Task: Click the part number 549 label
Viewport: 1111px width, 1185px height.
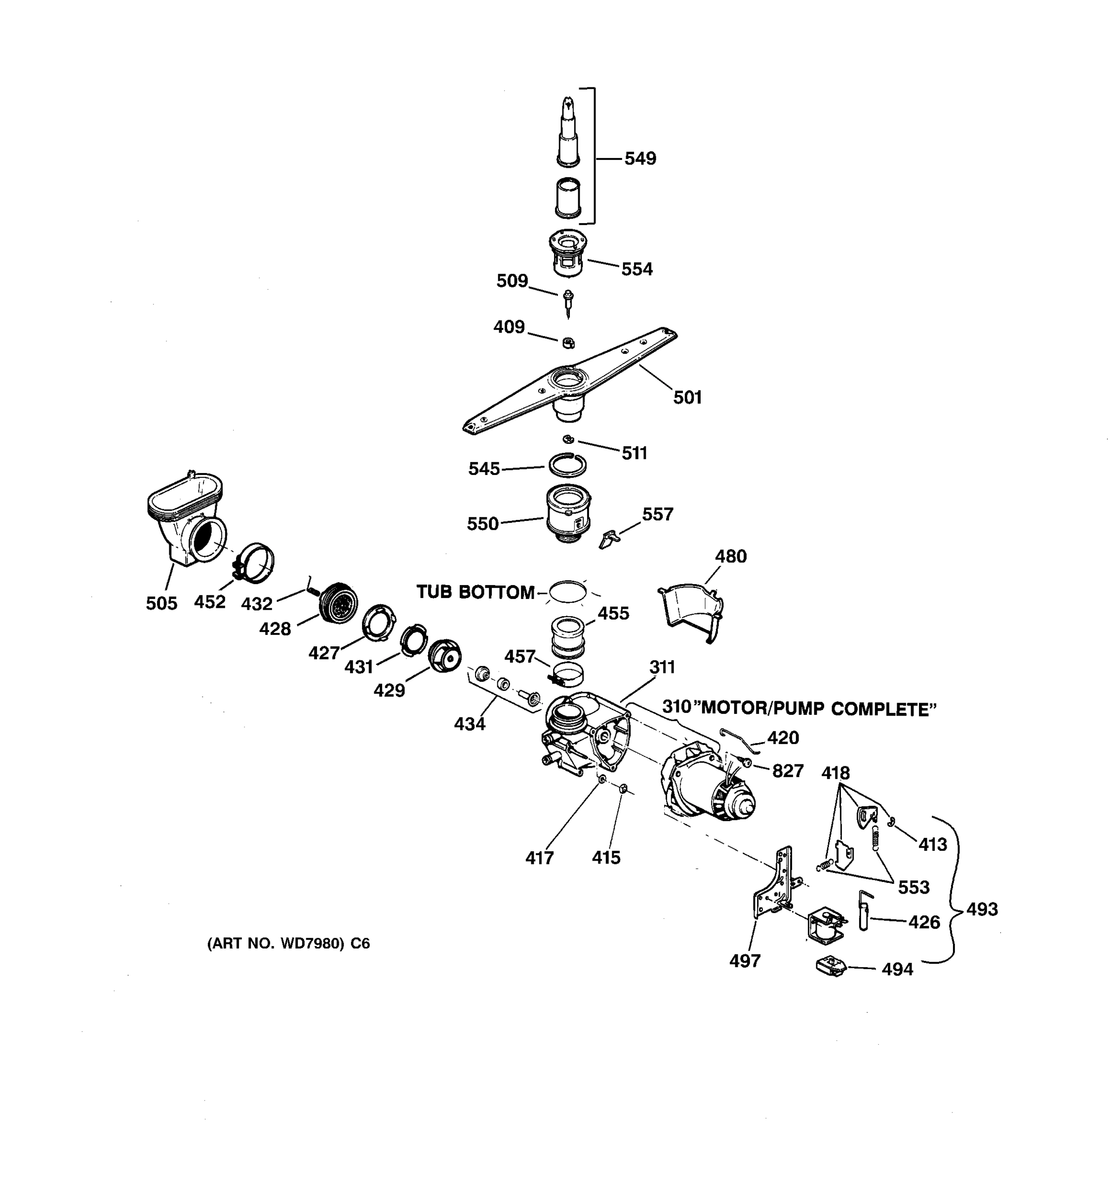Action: tap(639, 158)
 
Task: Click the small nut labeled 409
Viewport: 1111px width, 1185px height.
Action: tap(568, 342)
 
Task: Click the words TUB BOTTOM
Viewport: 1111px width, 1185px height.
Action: tap(475, 592)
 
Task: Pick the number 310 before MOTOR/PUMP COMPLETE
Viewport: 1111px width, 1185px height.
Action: tap(676, 707)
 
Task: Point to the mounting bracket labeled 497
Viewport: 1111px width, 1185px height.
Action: tap(775, 888)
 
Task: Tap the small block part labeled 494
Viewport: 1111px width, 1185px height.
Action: tap(830, 966)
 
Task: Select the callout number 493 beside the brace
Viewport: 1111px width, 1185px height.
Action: tap(981, 909)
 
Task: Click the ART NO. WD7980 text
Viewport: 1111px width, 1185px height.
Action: tap(288, 944)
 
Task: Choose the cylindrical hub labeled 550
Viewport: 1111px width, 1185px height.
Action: tap(568, 513)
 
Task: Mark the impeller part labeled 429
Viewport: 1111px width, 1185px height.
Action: tap(444, 656)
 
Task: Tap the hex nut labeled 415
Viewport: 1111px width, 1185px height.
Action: tap(622, 788)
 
